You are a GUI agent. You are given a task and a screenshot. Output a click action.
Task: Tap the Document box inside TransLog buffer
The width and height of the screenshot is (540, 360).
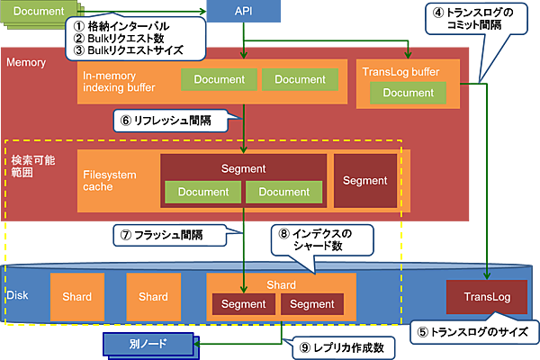[408, 93]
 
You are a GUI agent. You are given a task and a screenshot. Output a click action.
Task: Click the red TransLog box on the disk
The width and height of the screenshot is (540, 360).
[486, 297]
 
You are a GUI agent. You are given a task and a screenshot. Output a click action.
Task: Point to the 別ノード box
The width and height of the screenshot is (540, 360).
[148, 344]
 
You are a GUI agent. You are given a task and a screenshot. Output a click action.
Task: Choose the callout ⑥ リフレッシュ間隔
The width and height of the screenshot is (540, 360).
[175, 120]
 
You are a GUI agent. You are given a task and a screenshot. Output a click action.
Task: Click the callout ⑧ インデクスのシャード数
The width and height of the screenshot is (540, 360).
[320, 238]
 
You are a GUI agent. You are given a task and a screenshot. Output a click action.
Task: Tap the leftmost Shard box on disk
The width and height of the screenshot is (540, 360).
[76, 297]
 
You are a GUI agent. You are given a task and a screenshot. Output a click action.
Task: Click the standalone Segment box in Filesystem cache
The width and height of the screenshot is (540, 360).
[365, 179]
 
